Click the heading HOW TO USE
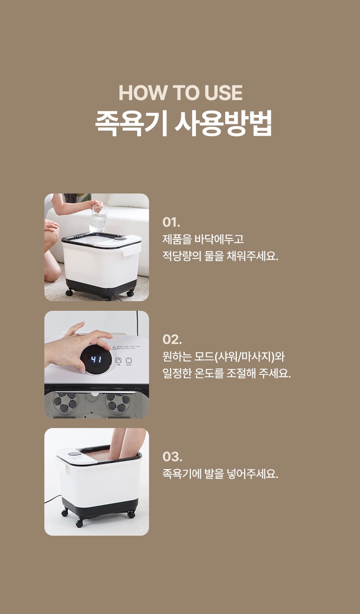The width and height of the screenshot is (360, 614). [x=180, y=93]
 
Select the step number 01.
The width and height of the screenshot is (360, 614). [x=171, y=222]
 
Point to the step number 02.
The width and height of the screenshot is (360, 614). [x=172, y=339]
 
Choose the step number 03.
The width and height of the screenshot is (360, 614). [x=172, y=457]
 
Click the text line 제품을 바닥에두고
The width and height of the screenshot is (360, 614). [x=203, y=239]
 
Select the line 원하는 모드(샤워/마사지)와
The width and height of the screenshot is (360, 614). [x=224, y=356]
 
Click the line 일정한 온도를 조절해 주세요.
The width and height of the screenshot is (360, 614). [x=226, y=373]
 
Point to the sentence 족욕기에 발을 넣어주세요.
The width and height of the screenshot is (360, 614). [x=220, y=474]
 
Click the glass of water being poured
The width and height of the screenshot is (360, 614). [x=98, y=218]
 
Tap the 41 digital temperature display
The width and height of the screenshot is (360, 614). [x=96, y=359]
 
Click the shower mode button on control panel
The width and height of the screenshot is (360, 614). [x=118, y=361]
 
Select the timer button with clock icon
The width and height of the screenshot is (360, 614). [x=129, y=361]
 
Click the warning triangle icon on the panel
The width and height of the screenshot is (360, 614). [x=114, y=348]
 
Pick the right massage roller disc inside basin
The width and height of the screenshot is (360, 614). [x=118, y=402]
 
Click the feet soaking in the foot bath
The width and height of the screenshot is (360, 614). [x=126, y=444]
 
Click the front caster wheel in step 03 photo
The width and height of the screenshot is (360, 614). [x=80, y=524]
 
